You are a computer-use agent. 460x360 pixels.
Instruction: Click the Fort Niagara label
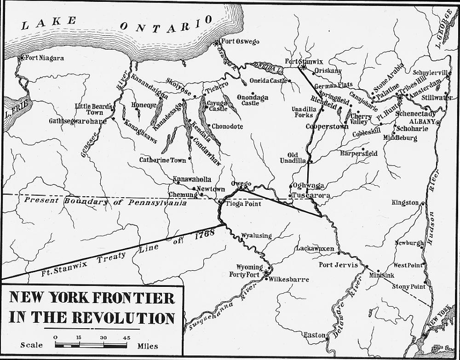pyautogui.click(x=45, y=58)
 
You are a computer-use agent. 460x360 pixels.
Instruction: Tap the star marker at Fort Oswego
pyautogui.click(x=217, y=43)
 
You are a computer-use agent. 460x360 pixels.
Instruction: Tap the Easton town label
pyautogui.click(x=314, y=335)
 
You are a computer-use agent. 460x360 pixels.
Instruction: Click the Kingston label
pyautogui.click(x=405, y=203)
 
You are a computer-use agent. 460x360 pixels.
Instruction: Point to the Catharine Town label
pyautogui.click(x=163, y=160)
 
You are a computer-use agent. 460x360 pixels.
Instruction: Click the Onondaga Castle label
pyautogui.click(x=251, y=100)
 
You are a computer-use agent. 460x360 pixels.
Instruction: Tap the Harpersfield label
pyautogui.click(x=359, y=154)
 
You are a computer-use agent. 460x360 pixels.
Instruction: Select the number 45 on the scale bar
pyautogui.click(x=126, y=337)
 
